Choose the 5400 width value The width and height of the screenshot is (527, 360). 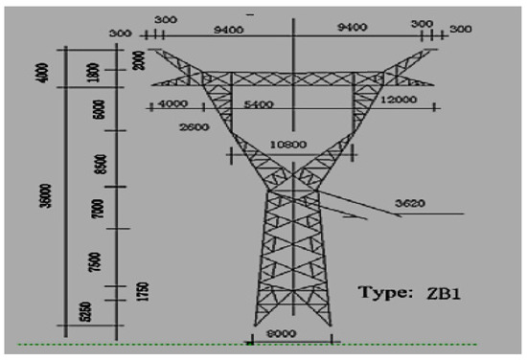[259, 104]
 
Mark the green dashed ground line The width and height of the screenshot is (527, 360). [383, 343]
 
